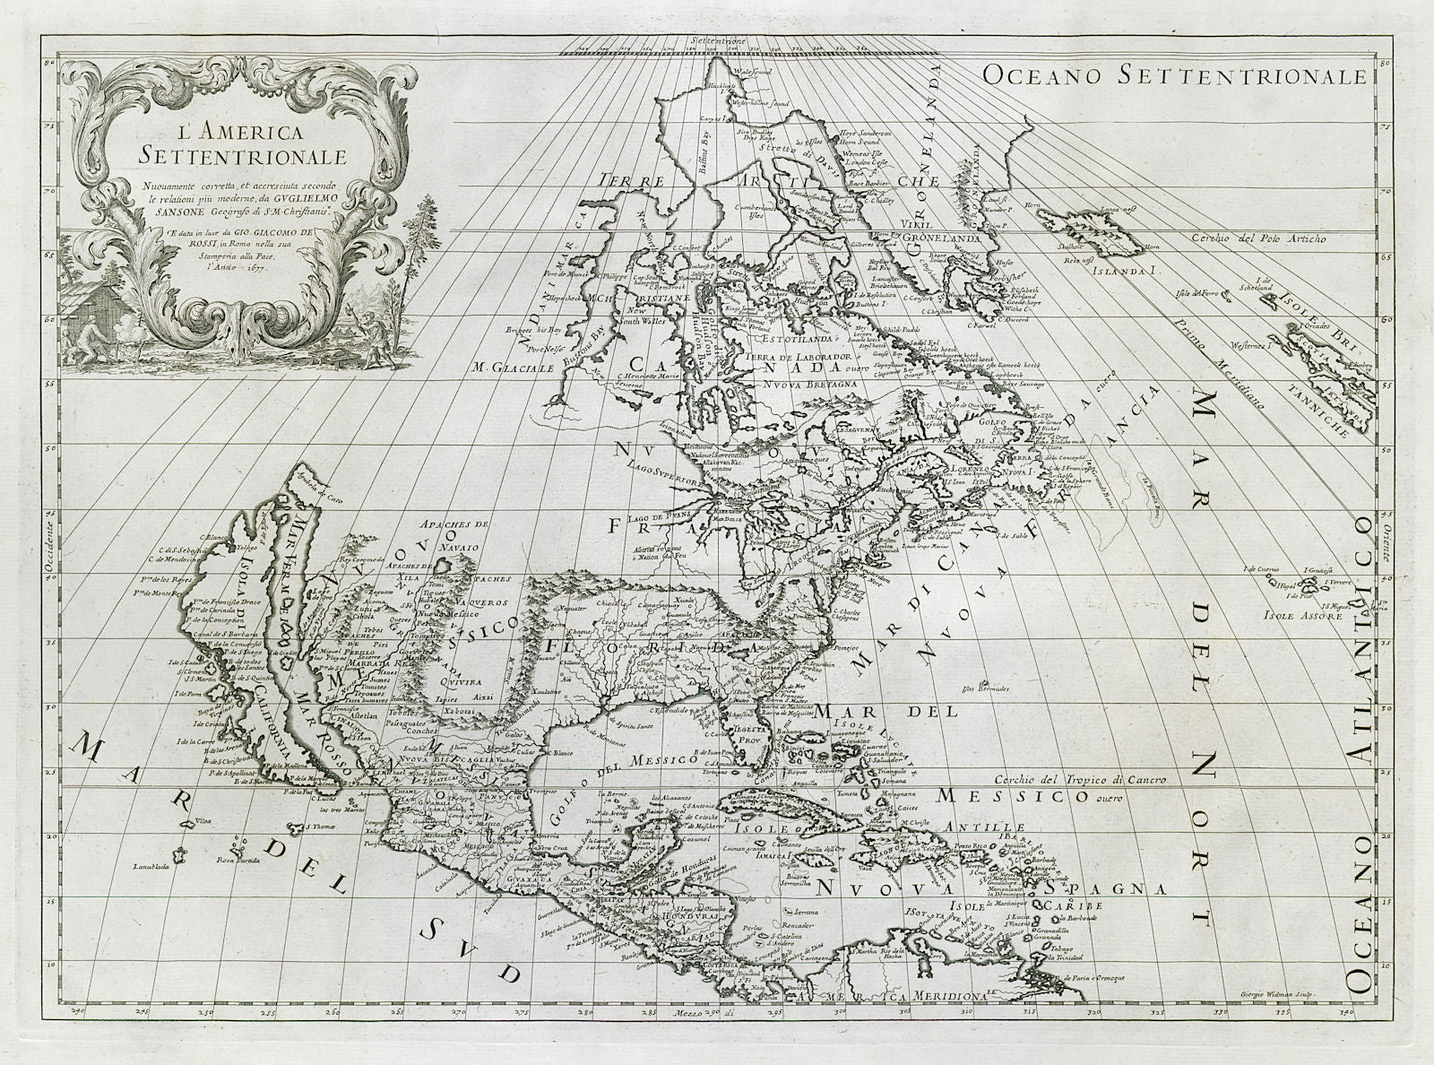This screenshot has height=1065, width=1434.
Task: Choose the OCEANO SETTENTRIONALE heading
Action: coord(1174,76)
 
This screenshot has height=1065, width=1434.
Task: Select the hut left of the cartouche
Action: coord(85,316)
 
